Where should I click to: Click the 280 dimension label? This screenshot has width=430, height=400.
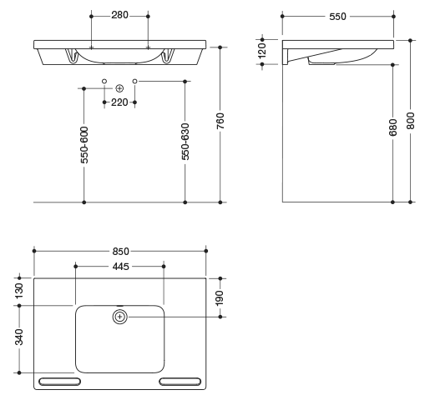[x=119, y=15]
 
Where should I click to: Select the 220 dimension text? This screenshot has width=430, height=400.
[x=119, y=102]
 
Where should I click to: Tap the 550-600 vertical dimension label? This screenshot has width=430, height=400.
[x=84, y=145]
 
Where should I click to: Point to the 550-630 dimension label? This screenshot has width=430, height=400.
[x=185, y=142]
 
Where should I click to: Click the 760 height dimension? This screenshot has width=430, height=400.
[x=220, y=121]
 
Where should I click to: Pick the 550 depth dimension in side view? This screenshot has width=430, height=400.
[x=337, y=17]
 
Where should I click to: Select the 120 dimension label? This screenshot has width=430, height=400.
[x=262, y=51]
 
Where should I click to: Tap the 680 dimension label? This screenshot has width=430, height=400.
[x=392, y=127]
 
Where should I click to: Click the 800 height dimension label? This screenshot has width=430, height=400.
[x=410, y=121]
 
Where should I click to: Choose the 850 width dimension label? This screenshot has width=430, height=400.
[x=121, y=252]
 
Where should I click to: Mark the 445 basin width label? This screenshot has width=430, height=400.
[x=121, y=267]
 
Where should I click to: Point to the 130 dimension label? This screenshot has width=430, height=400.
[x=19, y=291]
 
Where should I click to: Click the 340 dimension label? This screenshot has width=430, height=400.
[x=19, y=337]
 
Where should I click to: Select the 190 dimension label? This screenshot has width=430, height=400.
[x=220, y=297]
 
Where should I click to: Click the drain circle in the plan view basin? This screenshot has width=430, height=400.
[x=120, y=317]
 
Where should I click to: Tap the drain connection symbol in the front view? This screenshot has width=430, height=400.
[x=119, y=88]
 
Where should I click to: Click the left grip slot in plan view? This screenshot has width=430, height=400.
[x=59, y=382]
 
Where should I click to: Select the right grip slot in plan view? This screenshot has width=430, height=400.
[x=180, y=382]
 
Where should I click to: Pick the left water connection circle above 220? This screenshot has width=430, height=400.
[x=104, y=81]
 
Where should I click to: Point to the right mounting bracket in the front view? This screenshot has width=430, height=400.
[x=168, y=56]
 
